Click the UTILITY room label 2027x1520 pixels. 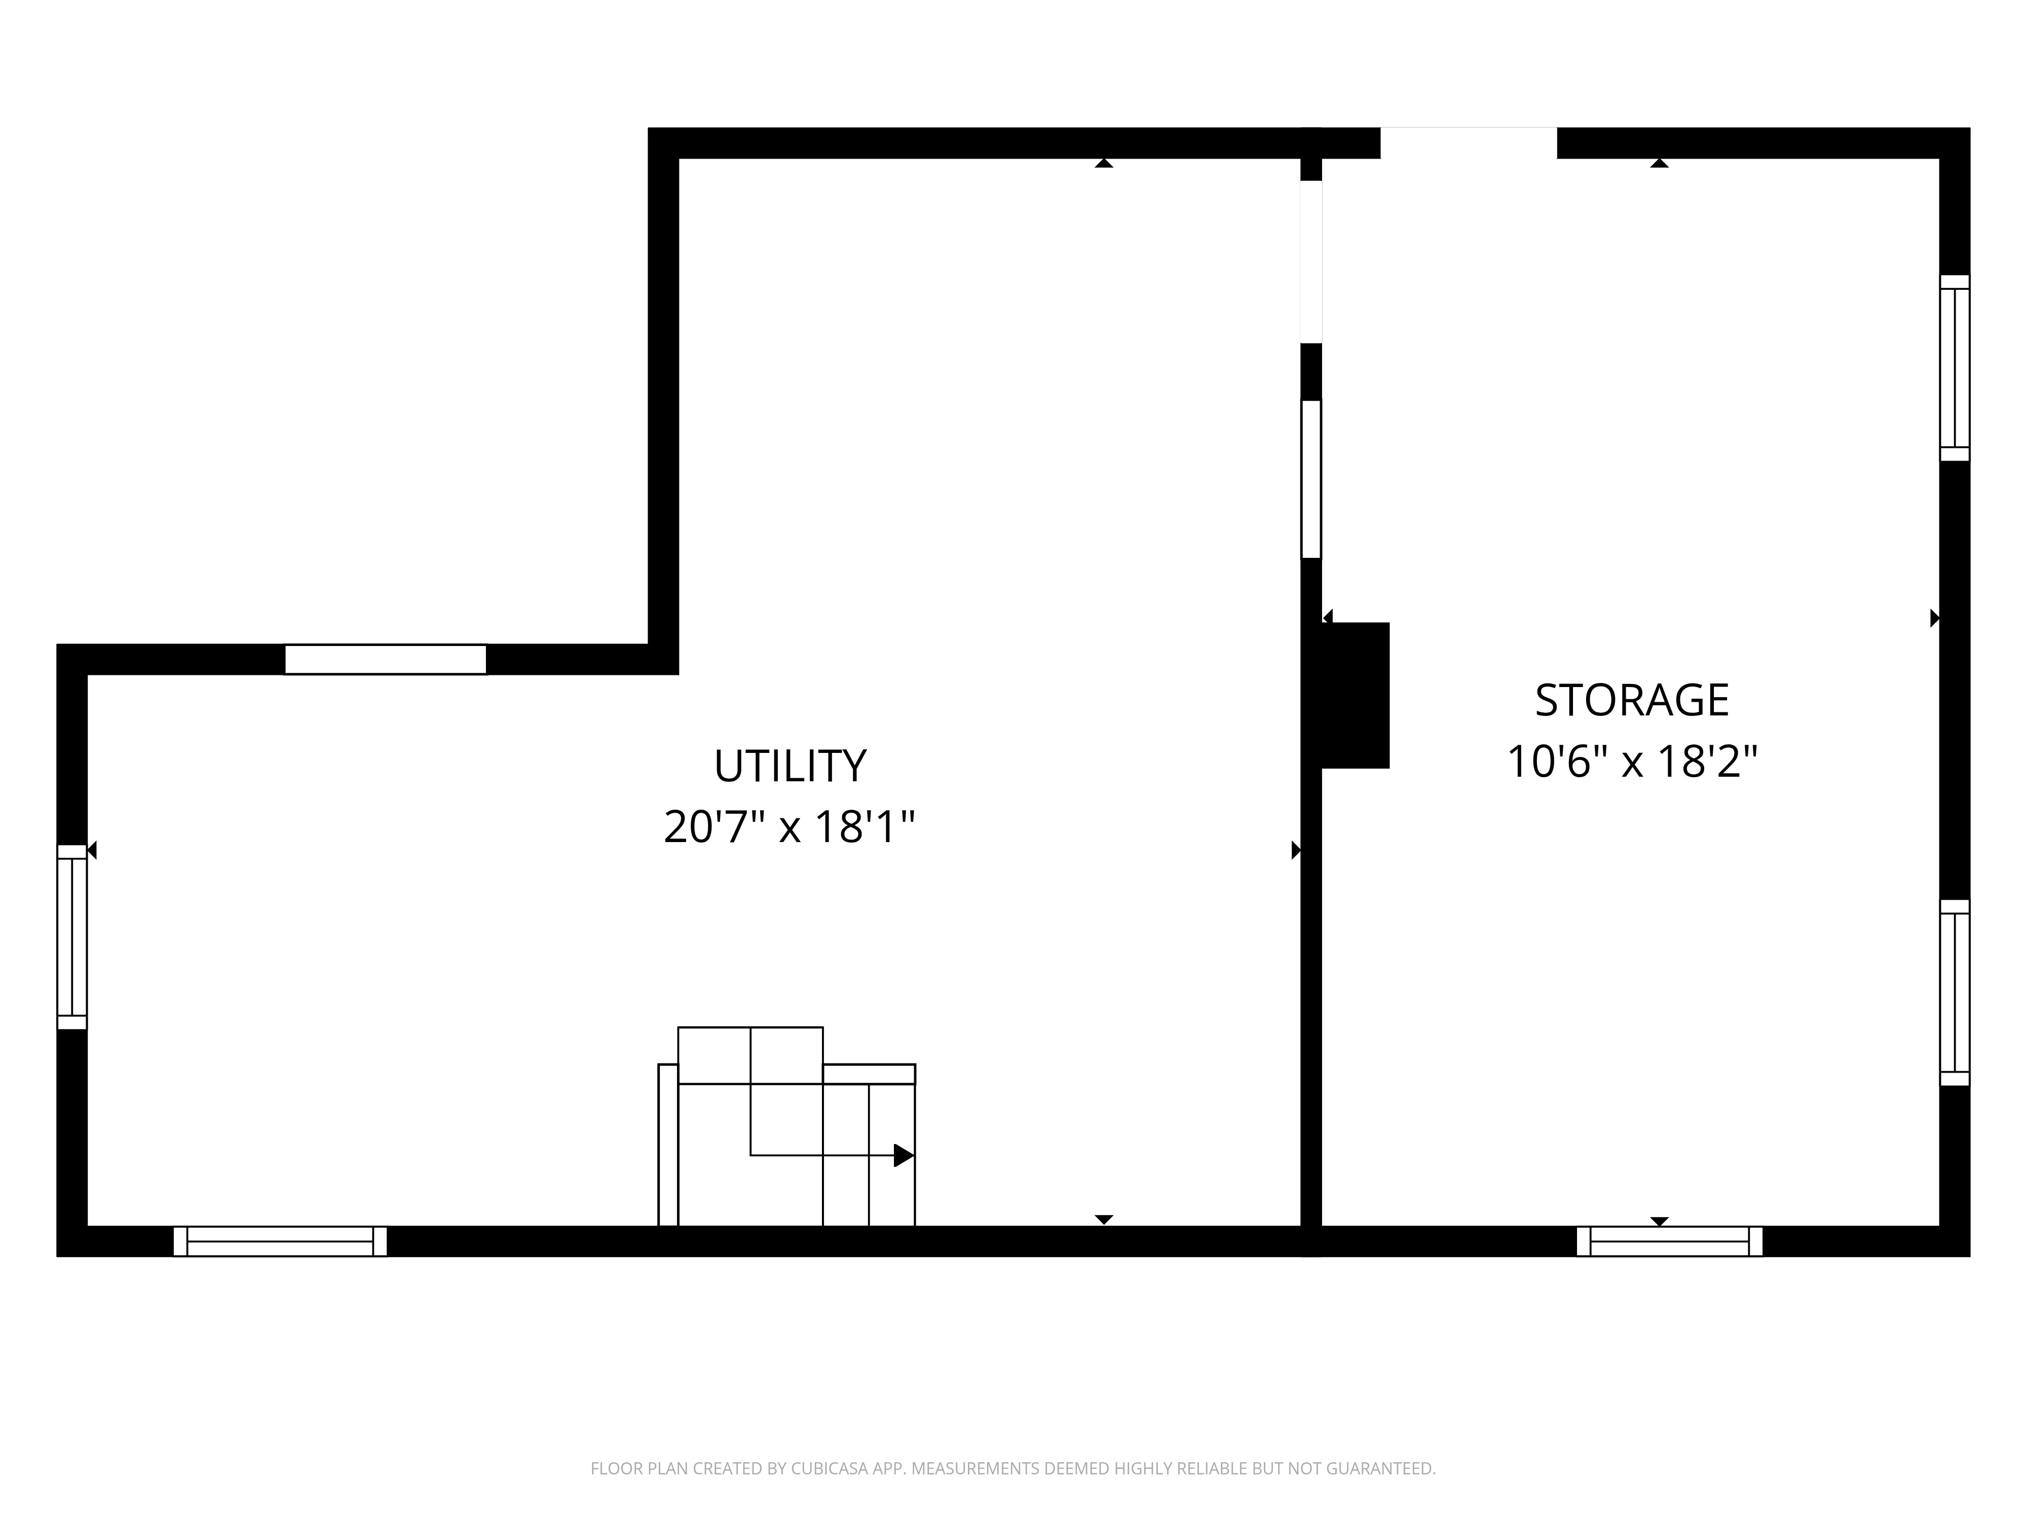point(790,766)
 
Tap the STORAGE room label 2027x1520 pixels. point(1632,700)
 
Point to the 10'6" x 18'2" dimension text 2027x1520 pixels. point(1632,762)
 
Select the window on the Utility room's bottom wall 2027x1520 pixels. point(280,1241)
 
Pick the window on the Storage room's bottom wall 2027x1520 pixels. point(1670,1241)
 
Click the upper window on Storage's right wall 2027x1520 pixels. point(1955,367)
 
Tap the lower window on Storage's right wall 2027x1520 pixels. point(1955,993)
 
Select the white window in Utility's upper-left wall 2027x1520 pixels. point(386,660)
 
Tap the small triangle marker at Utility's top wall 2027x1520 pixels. point(1104,163)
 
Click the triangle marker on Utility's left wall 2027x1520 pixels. point(92,850)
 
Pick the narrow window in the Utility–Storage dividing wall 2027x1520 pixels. point(1311,479)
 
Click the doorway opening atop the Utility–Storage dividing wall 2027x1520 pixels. point(1311,262)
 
